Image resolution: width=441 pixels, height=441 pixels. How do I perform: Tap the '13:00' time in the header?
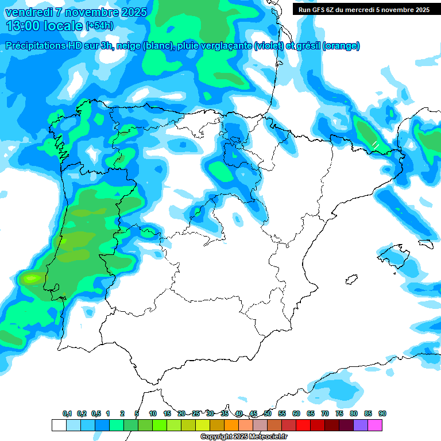point(24,26)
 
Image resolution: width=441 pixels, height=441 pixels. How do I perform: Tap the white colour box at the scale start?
point(59,425)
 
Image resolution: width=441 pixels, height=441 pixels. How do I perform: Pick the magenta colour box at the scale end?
point(375,425)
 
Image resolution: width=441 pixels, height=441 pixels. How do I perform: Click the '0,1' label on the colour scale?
point(67,414)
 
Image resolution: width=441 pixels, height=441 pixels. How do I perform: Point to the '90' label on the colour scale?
point(382,414)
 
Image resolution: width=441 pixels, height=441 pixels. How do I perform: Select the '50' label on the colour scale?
point(268,414)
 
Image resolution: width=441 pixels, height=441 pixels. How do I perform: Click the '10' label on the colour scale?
point(153,414)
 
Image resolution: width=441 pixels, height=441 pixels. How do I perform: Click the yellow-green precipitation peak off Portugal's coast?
point(31,278)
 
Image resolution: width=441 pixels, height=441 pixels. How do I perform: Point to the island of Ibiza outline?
point(350,280)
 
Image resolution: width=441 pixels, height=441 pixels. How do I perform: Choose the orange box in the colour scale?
point(231,425)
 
